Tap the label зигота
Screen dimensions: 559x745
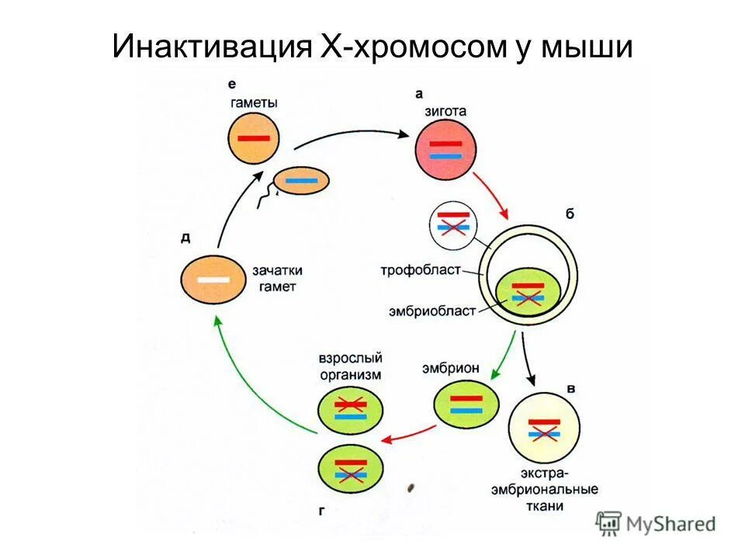click(445, 111)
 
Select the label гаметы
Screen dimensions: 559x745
click(254, 102)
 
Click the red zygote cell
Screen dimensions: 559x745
click(445, 150)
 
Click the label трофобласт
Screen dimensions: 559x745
click(421, 270)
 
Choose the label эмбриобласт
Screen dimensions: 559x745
click(431, 311)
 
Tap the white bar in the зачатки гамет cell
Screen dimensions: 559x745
click(212, 279)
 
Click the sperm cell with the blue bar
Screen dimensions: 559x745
click(301, 180)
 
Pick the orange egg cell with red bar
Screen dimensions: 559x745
click(254, 138)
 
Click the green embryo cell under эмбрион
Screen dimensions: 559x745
click(466, 404)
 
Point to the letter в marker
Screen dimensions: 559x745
click(571, 387)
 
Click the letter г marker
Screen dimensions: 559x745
click(321, 510)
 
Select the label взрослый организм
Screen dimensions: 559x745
click(350, 367)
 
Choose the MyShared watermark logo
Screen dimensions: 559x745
click(656, 524)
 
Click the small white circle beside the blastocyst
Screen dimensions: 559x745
click(453, 225)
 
